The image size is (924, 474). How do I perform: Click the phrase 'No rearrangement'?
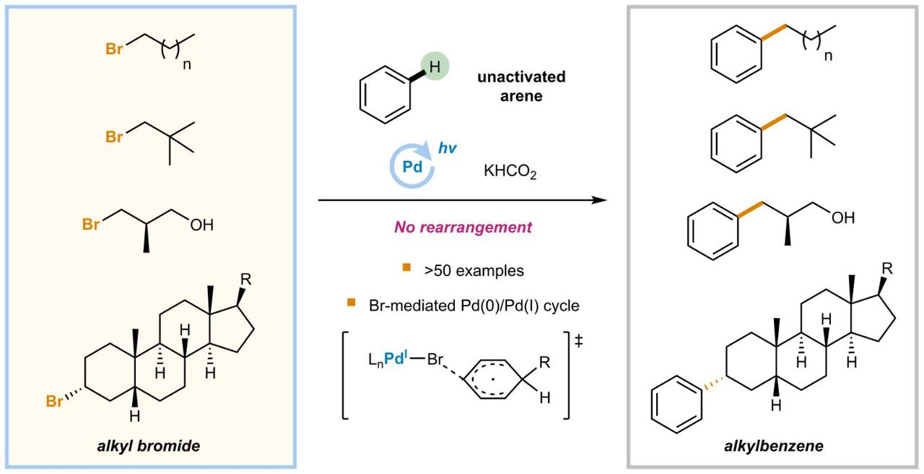463,227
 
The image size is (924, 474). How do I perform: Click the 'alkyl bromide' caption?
149,446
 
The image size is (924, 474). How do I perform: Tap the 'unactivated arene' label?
521,86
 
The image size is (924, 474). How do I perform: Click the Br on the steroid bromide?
54,401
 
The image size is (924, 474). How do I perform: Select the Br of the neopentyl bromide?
113,137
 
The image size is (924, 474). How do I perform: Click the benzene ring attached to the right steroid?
676,409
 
